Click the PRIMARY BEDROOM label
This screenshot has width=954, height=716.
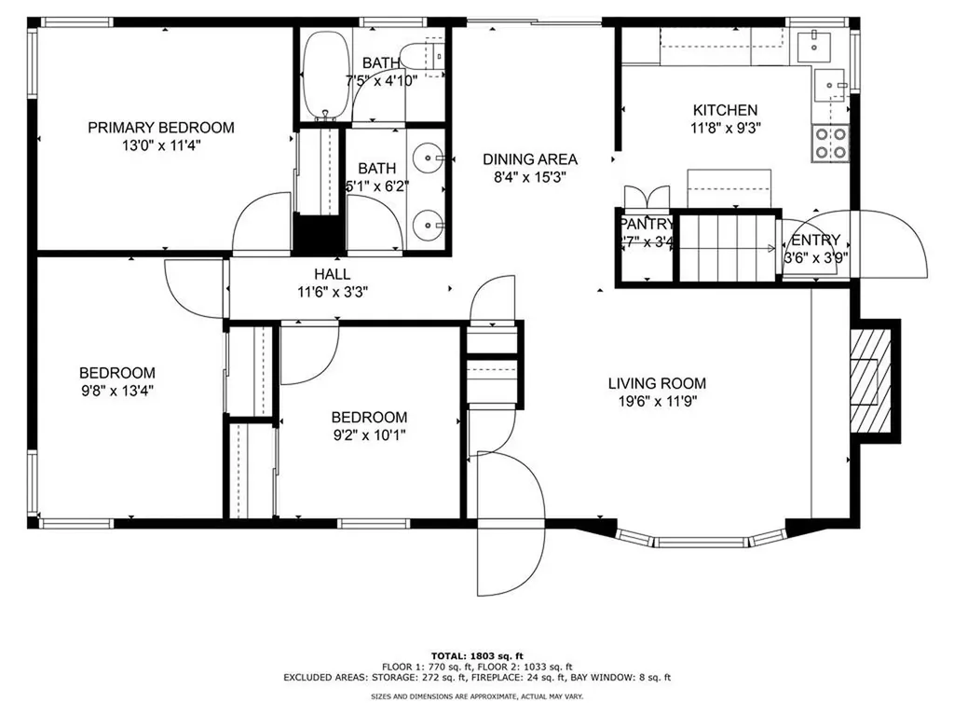[x=160, y=128]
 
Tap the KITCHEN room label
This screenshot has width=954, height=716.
[x=724, y=110]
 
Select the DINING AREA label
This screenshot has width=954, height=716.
[x=529, y=159]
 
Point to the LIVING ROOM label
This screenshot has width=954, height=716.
[x=657, y=383]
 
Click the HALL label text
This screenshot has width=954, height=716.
[x=332, y=274]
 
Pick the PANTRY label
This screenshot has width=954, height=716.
[x=646, y=224]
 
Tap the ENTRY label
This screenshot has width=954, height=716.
[x=815, y=240]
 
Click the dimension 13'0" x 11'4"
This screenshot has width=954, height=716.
[x=160, y=145]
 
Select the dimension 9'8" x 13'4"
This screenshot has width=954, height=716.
[x=116, y=391]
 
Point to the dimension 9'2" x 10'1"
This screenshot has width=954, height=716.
[x=369, y=434]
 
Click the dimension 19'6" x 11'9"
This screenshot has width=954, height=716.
[x=657, y=401]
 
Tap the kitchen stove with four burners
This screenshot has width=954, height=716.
[x=831, y=143]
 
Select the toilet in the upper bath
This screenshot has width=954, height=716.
[x=424, y=53]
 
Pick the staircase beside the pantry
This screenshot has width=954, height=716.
[x=727, y=247]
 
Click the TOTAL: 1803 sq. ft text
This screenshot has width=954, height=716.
[x=476, y=655]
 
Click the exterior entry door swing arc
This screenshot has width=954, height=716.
[x=894, y=245]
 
